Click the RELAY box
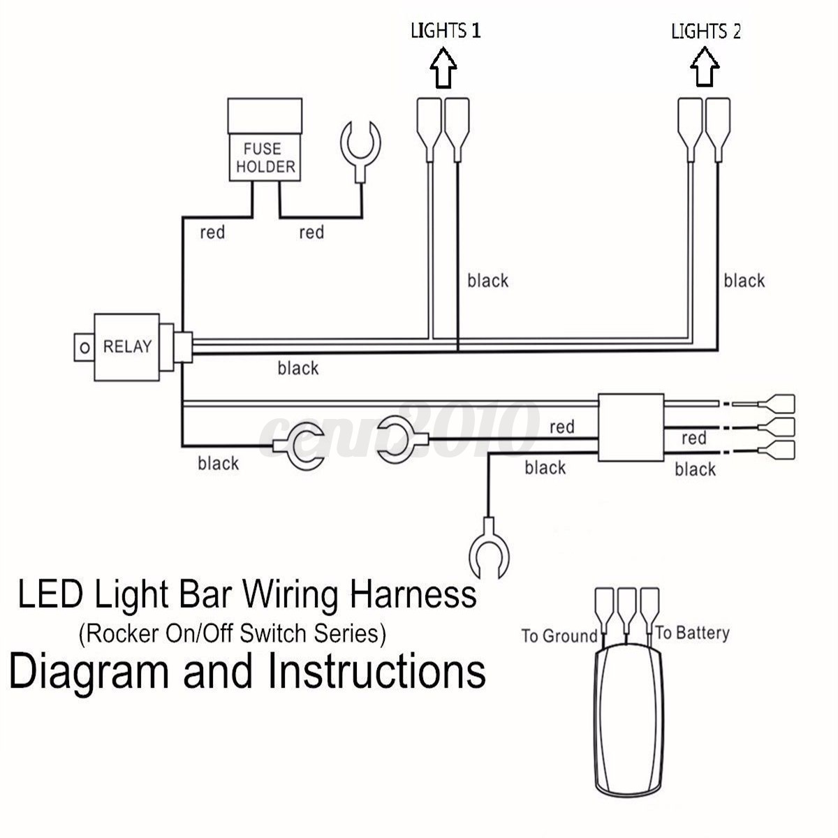[127, 347]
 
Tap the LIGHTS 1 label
[446, 31]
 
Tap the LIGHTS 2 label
[705, 31]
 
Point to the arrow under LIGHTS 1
[443, 68]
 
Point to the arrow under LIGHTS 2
[704, 68]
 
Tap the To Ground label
[559, 636]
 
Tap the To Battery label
[692, 633]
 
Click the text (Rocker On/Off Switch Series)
[233, 634]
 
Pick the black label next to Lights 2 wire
[744, 281]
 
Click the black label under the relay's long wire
[297, 368]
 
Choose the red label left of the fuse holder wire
[212, 233]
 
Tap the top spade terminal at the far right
[779, 403]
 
